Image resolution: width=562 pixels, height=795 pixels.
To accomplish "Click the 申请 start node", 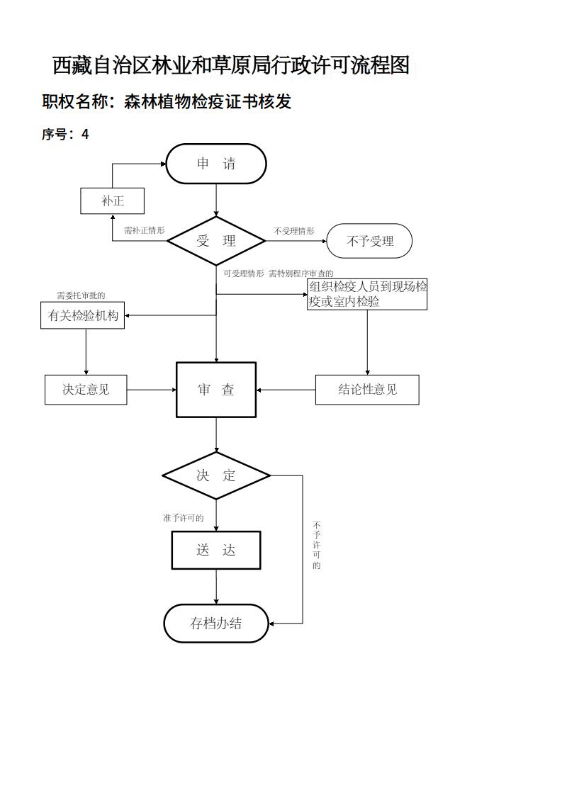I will coord(216,164).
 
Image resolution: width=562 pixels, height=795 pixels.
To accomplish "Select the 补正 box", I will coord(113,201).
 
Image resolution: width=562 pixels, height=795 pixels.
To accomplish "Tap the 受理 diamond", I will coord(216,241).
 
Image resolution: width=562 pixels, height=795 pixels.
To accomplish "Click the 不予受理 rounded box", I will coord(369,241).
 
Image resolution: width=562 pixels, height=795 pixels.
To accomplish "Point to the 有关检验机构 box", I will coord(83,316).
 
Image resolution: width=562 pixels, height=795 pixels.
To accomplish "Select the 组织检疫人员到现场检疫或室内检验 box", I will coord(367,294).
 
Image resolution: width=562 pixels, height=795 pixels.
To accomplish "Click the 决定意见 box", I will coord(86,390).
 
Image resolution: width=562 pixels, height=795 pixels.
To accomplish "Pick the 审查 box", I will coord(216,390).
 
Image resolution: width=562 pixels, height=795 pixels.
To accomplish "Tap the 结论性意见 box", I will coord(367,390).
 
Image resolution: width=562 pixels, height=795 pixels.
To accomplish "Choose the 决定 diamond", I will coord(216,475).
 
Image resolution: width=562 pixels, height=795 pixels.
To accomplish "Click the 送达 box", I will coord(216,550).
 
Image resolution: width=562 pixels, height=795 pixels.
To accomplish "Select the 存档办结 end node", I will coord(216,624).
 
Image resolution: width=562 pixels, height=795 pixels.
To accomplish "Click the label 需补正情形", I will coord(144,230).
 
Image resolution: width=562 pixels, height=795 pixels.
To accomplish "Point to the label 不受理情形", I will coord(294,231).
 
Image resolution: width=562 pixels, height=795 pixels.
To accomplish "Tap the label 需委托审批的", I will coord(81,295).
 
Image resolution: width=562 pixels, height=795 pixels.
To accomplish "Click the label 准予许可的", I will coord(183,518).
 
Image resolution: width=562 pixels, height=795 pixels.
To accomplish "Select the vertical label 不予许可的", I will coord(317,546).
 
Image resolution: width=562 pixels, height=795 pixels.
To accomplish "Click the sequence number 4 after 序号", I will coord(85,134).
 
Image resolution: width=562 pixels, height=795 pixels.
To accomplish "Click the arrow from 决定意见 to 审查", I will coord(152,390).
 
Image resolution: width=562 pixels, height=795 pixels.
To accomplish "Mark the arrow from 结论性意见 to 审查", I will coord(286,390).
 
